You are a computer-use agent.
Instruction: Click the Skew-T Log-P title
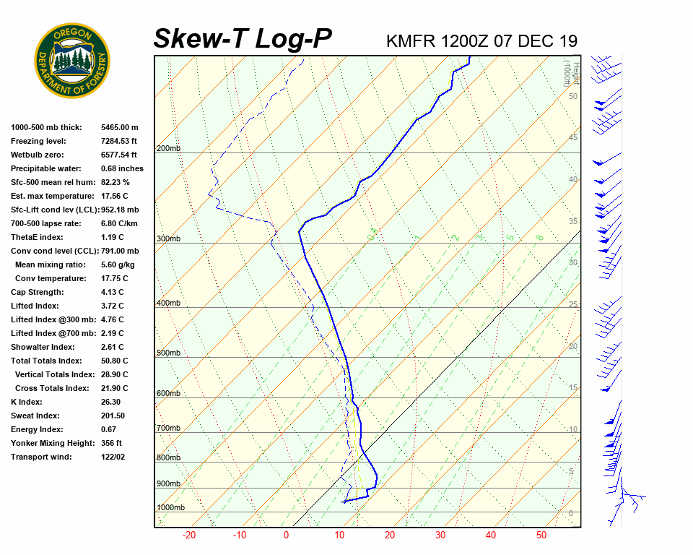coord(243,39)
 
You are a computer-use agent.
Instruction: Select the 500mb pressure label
coord(168,353)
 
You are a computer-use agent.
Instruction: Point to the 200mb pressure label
coord(168,149)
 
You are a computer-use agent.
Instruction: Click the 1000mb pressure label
coord(170,508)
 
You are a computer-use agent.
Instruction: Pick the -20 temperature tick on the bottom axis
coord(189,535)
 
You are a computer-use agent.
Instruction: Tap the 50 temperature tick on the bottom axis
coord(541,535)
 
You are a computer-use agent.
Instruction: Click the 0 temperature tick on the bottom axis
coord(286,535)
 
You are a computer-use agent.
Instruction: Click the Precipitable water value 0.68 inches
coord(122,168)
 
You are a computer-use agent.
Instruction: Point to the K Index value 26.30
coord(112,402)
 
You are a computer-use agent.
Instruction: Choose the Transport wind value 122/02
coord(113,457)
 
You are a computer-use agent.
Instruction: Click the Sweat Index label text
coord(36,416)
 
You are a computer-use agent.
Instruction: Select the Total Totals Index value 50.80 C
coord(115,361)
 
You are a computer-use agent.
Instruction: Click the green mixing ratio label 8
coord(539,238)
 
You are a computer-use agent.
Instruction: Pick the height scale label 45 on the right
coord(573,138)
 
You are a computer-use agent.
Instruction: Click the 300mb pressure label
coord(168,239)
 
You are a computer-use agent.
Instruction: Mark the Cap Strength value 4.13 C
coord(113,292)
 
